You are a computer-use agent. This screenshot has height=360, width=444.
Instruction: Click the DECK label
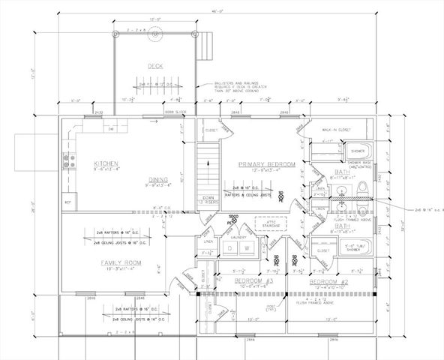point(155,66)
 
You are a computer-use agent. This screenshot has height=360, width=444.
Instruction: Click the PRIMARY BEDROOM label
point(266,163)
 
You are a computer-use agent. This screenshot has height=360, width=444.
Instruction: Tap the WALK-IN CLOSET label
point(344,129)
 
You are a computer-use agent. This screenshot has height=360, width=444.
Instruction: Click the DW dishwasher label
point(111,129)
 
